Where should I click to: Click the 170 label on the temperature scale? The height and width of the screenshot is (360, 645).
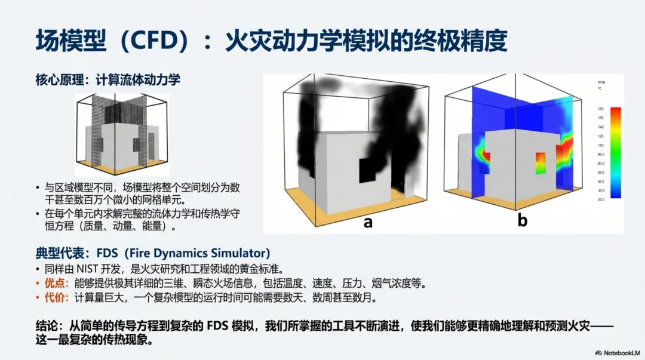(600, 109)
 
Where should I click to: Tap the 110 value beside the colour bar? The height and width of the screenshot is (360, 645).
(600, 145)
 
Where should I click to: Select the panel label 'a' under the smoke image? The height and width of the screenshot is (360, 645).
(368, 222)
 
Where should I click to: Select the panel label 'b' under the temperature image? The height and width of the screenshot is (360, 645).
(523, 221)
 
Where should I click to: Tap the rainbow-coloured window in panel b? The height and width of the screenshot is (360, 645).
(540, 162)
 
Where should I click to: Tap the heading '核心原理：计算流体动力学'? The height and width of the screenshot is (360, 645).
(107, 79)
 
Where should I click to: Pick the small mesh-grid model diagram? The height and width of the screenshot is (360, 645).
(121, 131)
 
